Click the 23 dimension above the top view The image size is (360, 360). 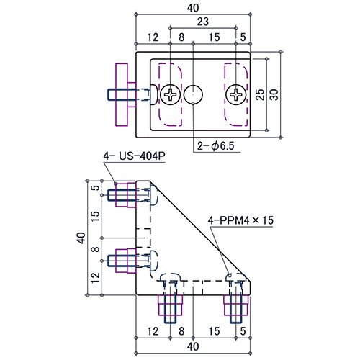coord(203,22)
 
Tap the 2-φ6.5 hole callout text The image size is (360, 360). coord(215,145)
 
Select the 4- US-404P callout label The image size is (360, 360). coord(135,156)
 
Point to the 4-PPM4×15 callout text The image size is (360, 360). coord(240,220)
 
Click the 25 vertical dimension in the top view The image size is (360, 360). coord(260,94)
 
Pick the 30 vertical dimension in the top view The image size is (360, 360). coord(274,94)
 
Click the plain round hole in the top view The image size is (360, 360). coord(193,94)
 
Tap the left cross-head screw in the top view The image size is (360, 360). coord(170,94)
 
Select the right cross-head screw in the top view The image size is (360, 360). coord(236,94)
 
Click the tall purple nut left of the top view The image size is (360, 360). coord(122,94)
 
